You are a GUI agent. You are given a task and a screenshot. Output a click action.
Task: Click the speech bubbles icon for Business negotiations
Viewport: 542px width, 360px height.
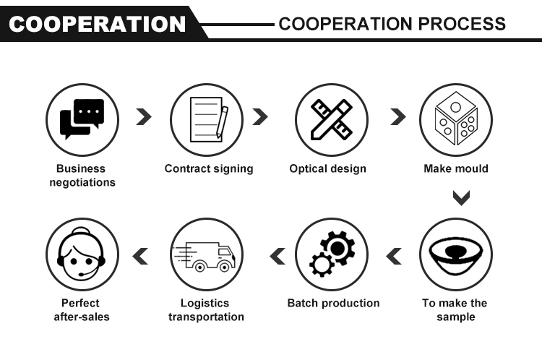82,119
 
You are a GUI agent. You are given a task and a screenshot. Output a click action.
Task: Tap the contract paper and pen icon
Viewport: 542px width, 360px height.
206,119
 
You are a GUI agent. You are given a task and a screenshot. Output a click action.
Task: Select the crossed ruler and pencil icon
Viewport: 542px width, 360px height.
331,119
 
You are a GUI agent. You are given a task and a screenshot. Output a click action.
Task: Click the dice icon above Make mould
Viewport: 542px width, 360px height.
455,119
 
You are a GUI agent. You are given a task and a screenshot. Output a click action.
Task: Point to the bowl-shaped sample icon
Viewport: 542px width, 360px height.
455,254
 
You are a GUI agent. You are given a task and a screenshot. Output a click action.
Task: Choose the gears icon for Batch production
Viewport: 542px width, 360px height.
331,254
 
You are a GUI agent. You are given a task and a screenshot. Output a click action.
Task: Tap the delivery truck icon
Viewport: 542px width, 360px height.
206,254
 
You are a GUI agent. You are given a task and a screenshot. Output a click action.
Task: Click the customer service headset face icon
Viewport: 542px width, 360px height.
82,254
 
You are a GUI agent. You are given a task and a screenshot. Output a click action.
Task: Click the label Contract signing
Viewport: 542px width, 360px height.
209,169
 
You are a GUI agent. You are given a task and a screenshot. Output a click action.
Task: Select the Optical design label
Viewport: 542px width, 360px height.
328,169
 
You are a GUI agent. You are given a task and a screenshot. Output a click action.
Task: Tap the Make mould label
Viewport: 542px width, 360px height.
456,169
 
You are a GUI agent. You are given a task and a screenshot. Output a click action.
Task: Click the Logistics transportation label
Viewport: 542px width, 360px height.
207,310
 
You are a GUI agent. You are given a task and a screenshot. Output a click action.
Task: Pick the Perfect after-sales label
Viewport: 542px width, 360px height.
81,310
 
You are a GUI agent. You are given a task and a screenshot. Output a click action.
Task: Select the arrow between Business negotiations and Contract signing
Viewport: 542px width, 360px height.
144,118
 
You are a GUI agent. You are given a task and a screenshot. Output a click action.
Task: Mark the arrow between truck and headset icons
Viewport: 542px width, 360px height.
139,254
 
